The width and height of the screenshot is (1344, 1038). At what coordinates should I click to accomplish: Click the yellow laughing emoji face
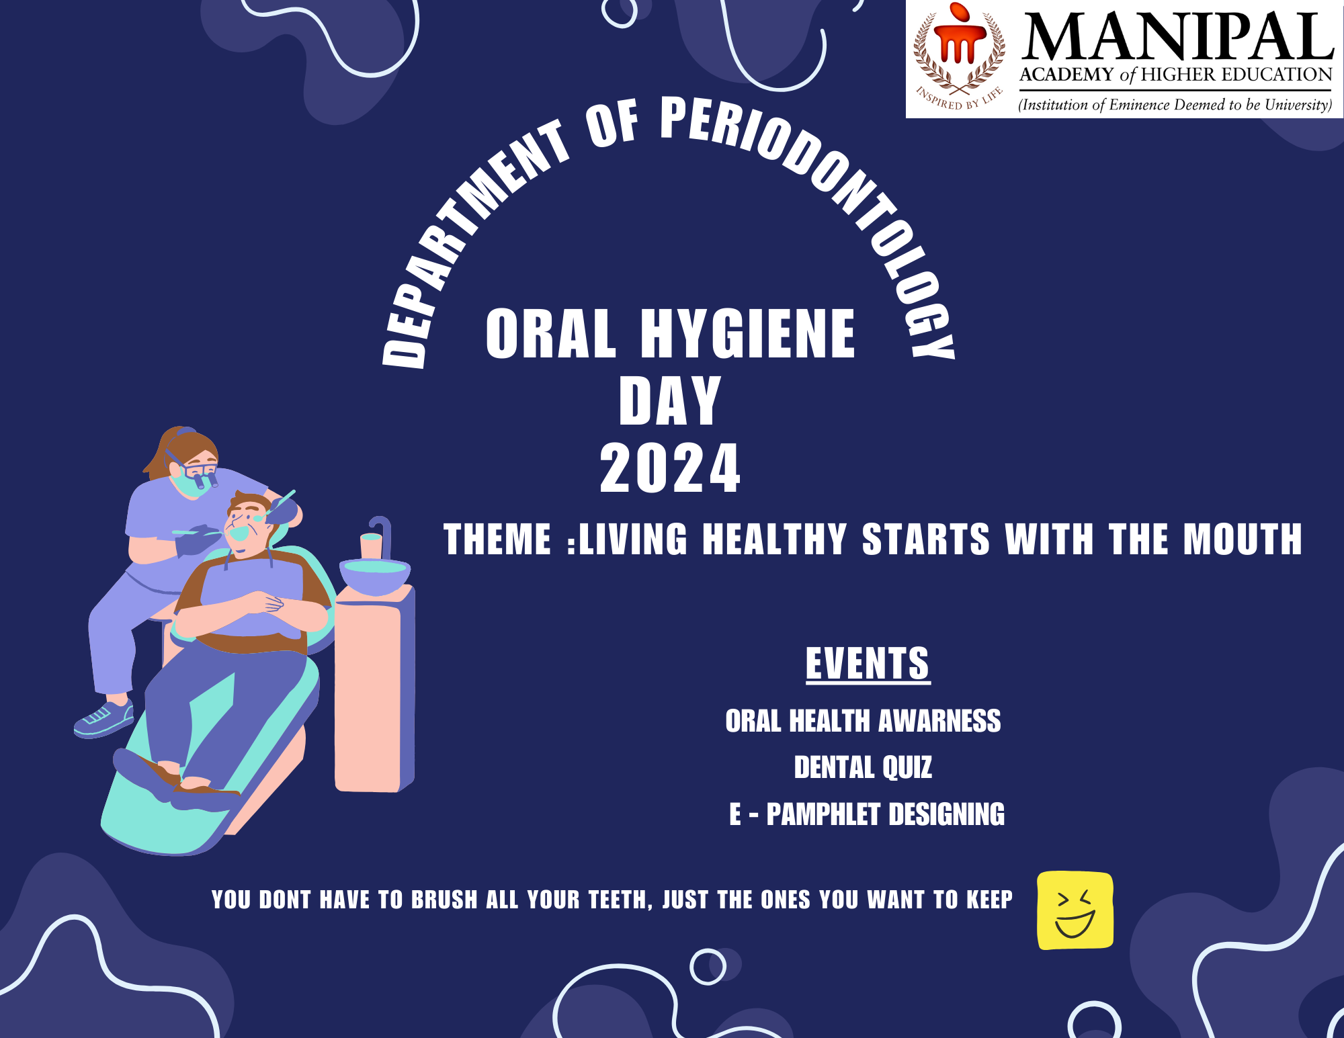click(x=1075, y=910)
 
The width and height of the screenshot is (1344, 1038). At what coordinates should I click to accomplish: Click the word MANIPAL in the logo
click(x=1177, y=38)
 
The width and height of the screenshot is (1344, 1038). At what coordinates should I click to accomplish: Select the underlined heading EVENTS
click(x=868, y=664)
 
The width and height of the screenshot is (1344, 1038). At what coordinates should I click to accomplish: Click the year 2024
click(x=670, y=468)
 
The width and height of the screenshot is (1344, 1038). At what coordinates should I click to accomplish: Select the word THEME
click(x=497, y=539)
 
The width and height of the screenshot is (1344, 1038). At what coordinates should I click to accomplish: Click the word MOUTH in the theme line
click(x=1243, y=539)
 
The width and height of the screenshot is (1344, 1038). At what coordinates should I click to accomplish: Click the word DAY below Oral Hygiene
click(x=669, y=400)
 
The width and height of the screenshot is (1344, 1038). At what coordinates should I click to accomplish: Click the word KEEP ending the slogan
click(x=989, y=900)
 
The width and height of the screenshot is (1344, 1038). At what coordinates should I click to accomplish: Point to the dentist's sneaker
click(x=103, y=718)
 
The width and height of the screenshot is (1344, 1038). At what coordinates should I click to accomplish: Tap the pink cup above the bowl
click(x=371, y=546)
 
